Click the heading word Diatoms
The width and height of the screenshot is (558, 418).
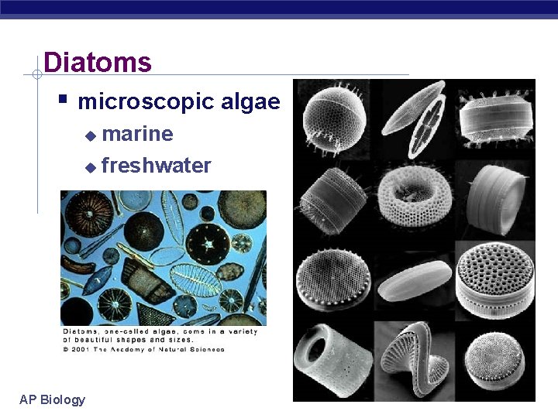[98, 62]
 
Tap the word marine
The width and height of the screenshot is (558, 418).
[137, 134]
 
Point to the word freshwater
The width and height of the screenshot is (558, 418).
[156, 166]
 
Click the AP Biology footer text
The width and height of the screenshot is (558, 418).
[52, 399]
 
